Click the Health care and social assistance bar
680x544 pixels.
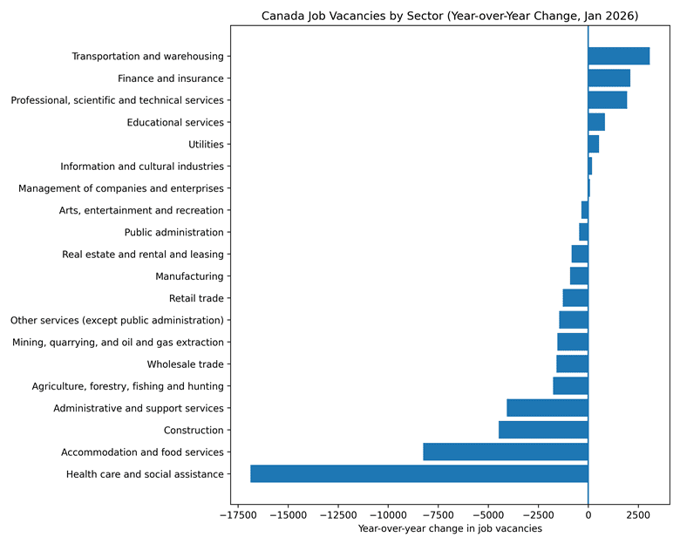(x=418, y=474)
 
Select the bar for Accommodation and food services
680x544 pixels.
(x=505, y=452)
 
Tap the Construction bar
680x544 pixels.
(x=543, y=430)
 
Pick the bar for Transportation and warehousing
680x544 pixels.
(x=618, y=57)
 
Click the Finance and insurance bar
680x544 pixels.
(x=609, y=78)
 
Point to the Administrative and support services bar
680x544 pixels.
(x=547, y=408)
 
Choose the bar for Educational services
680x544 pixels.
(x=596, y=122)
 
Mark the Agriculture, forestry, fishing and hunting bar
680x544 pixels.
(x=570, y=386)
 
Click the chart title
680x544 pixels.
(x=450, y=16)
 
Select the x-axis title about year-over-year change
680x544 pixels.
(x=450, y=528)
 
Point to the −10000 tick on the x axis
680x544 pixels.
(x=386, y=513)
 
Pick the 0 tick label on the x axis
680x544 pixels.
(x=588, y=513)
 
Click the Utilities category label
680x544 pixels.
(x=206, y=145)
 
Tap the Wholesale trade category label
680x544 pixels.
(x=185, y=364)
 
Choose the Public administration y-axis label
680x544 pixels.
(x=173, y=233)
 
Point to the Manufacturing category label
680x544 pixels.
(x=189, y=276)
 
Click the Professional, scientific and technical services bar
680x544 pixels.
(x=607, y=100)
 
